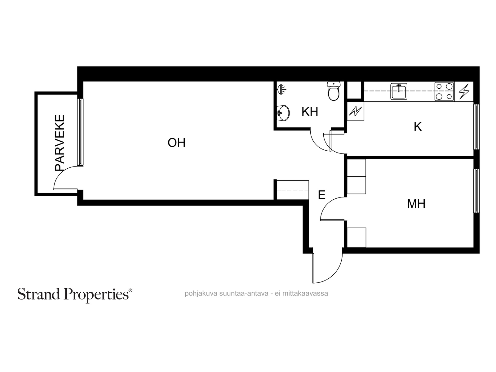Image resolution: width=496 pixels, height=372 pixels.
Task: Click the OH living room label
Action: point(176,143)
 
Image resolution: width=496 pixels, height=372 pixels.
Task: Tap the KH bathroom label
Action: point(310,112)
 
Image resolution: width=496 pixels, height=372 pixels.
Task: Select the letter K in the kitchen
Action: point(418,127)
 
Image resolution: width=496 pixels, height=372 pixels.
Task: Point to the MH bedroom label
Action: point(416,203)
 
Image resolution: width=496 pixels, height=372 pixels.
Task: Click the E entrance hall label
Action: point(321,195)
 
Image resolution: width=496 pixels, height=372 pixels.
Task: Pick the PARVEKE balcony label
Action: point(60,143)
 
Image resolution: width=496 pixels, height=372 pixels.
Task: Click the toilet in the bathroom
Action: point(334,91)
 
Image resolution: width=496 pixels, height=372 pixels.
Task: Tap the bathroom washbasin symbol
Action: point(283,113)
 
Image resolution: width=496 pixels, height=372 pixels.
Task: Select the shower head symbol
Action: point(281,90)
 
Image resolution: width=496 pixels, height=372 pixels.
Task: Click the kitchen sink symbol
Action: point(399,91)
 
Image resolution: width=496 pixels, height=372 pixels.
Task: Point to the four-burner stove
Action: point(444,91)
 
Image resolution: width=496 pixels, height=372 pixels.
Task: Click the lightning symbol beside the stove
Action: point(464,91)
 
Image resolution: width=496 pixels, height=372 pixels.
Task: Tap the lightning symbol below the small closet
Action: point(355,111)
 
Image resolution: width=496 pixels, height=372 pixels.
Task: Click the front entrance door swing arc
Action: point(335,275)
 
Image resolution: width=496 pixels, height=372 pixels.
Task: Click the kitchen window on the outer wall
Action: point(476,127)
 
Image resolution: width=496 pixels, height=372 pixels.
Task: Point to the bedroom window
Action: point(476,191)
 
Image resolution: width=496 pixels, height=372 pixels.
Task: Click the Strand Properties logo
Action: point(75,295)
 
